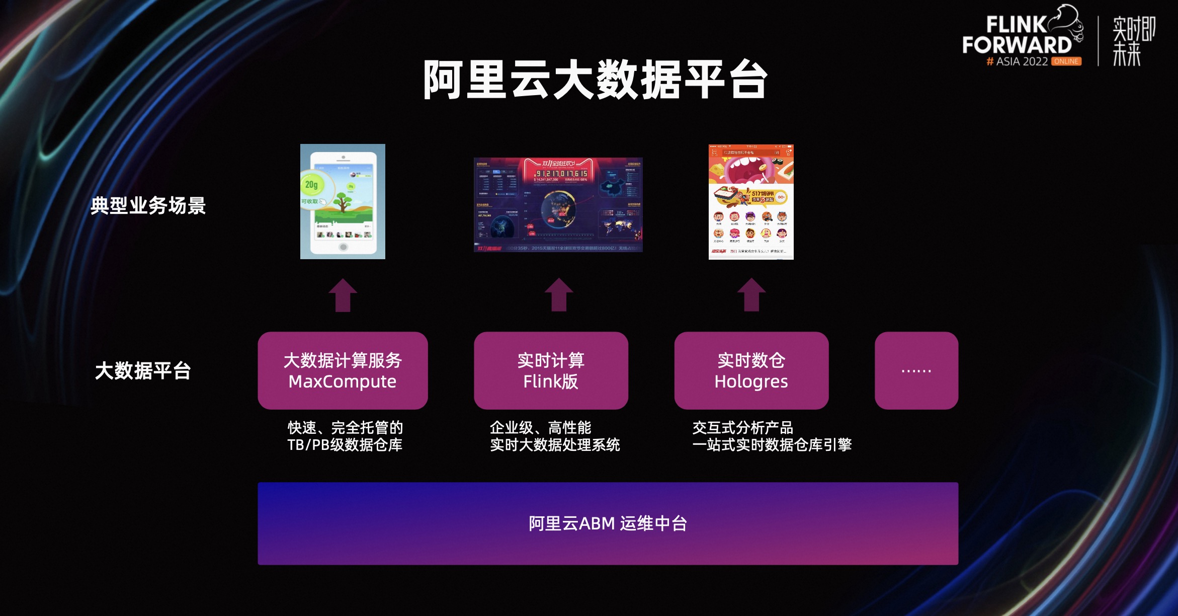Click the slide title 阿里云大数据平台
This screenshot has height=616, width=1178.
pyautogui.click(x=595, y=80)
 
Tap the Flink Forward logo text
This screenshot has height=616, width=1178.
pyautogui.click(x=1017, y=35)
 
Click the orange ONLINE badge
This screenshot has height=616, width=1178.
pyautogui.click(x=1066, y=61)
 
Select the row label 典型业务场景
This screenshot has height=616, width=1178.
pyautogui.click(x=148, y=205)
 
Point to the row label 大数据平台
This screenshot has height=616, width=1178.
pyautogui.click(x=143, y=371)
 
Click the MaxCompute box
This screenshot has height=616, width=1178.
pyautogui.click(x=343, y=370)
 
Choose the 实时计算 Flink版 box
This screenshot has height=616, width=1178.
pyautogui.click(x=551, y=370)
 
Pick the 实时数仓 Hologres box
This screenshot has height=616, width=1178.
pyautogui.click(x=751, y=370)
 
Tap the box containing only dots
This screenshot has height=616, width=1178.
pyautogui.click(x=916, y=370)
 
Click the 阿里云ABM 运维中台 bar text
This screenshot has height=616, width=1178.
pyautogui.click(x=608, y=523)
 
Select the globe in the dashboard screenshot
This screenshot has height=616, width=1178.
pyautogui.click(x=558, y=209)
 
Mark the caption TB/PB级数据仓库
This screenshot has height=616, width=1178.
pyautogui.click(x=345, y=445)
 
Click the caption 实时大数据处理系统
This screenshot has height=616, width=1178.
pyautogui.click(x=555, y=445)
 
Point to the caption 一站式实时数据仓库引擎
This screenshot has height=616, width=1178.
pyautogui.click(x=772, y=445)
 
